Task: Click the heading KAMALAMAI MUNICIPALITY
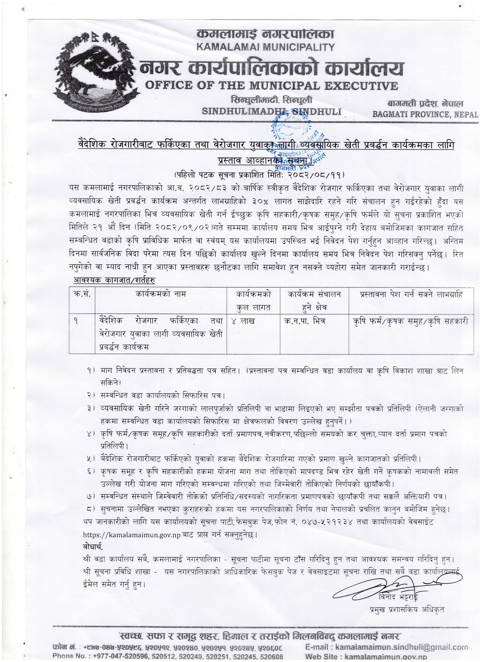265,47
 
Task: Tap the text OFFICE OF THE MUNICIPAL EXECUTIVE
272,86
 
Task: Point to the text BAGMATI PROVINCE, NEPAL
425,114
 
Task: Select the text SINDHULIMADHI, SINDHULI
272,112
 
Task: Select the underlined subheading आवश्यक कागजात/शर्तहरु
114,280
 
